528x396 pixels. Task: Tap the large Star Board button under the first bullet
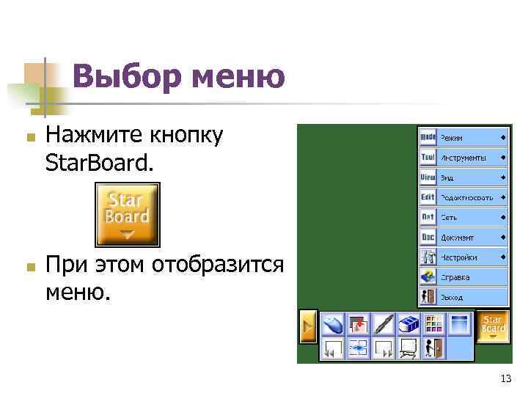point(128,214)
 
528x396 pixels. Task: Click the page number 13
point(505,378)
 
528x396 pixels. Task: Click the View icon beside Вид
point(428,177)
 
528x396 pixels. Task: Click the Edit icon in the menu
point(428,197)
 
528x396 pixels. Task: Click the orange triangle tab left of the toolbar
point(308,326)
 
